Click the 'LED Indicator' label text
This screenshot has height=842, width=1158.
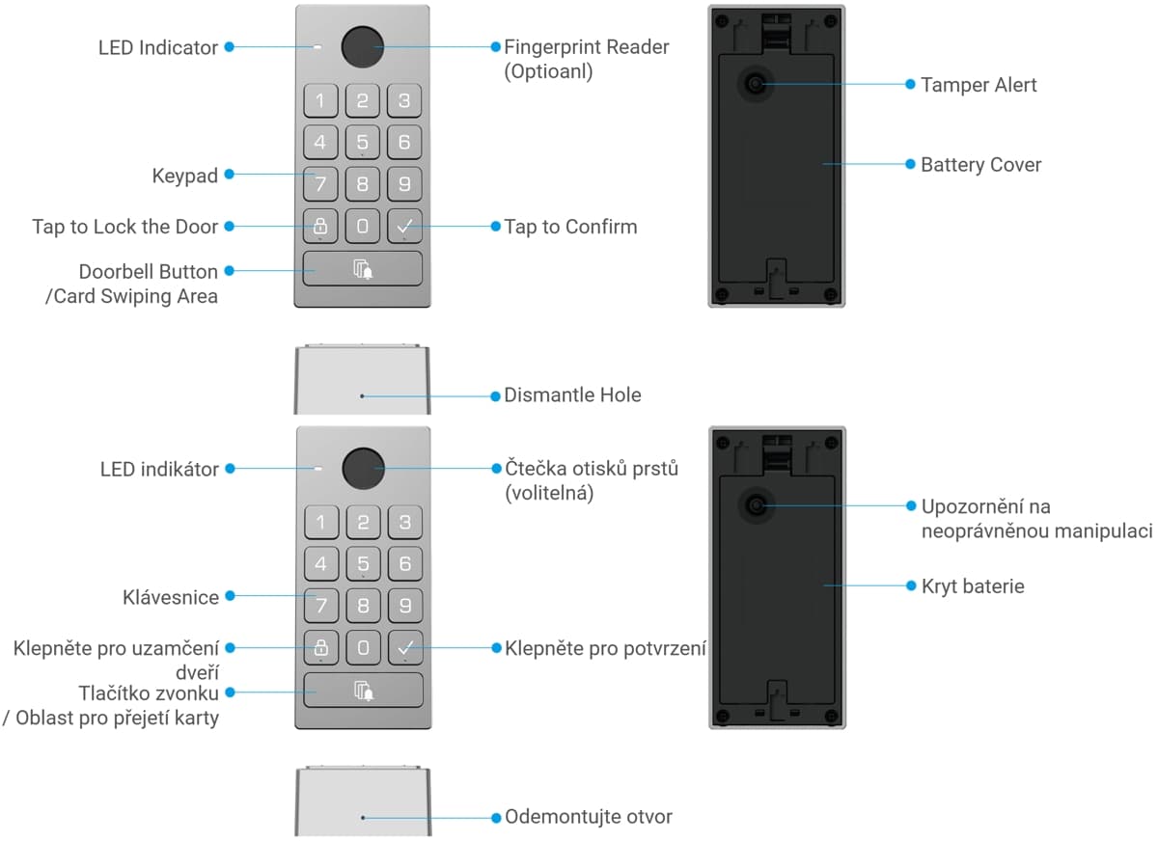coord(157,47)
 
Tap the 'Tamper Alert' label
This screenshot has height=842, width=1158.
coord(979,85)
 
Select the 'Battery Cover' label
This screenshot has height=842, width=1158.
coord(980,165)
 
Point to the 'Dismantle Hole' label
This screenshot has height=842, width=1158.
coord(572,395)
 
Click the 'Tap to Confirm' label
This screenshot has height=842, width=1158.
coord(570,228)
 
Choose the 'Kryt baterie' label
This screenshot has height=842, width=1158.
coord(973,586)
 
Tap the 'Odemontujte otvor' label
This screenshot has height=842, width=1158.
coord(589,817)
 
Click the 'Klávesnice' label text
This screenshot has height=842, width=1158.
coord(171,597)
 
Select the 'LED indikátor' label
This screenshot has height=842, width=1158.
coord(159,470)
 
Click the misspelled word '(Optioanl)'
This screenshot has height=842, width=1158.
coord(548,71)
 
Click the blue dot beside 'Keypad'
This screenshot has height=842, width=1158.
coord(230,175)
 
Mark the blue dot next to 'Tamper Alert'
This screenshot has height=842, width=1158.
coord(910,84)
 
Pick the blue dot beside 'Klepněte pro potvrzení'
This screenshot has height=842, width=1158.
coord(496,648)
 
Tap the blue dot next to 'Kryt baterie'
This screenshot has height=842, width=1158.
coord(911,585)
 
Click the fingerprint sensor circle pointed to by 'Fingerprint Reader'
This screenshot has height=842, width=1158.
coord(363,47)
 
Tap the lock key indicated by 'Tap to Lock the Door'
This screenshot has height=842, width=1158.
coord(320,226)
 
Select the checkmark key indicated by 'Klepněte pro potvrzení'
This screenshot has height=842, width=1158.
coord(405,647)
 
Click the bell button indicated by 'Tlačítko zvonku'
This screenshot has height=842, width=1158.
coord(363,691)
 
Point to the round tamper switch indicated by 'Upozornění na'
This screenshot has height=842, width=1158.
coord(757,505)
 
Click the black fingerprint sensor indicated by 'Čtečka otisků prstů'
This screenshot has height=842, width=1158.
coord(364,469)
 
